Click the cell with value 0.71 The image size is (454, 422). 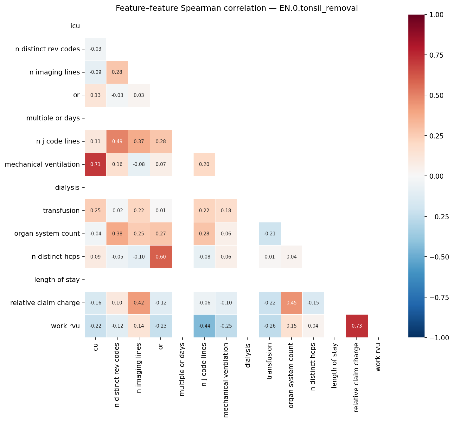[95, 164]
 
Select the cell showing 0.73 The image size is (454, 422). [357, 326]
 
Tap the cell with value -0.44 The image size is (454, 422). [204, 326]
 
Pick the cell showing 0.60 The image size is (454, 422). [161, 257]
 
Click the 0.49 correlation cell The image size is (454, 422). [117, 141]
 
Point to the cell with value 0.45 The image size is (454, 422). [291, 303]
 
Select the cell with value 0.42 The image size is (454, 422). [139, 303]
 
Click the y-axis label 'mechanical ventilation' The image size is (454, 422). [42, 164]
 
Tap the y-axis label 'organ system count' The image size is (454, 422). [47, 233]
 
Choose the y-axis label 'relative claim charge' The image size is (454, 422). [45, 303]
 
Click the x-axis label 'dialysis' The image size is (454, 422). [248, 356]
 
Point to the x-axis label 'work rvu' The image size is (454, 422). [378, 357]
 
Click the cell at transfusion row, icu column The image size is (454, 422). [95, 211]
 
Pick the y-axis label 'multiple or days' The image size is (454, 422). [53, 118]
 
